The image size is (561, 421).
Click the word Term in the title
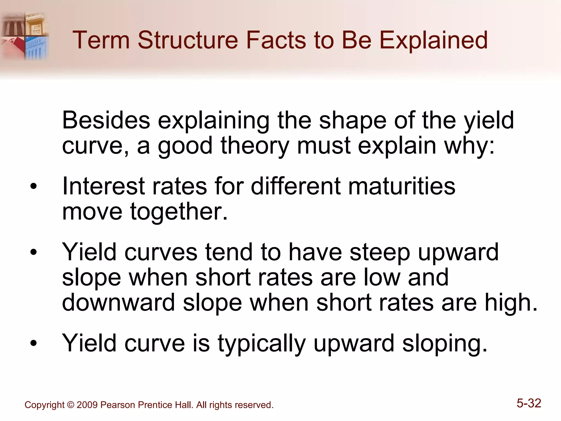pos(101,40)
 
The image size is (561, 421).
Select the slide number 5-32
pos(529,403)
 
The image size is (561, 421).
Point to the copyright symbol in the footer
pos(70,405)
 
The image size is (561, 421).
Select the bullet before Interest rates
pos(33,187)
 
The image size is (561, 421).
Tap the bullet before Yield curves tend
pos(33,252)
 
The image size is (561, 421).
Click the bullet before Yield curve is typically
pos(33,343)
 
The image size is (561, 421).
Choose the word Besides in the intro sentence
pos(106,120)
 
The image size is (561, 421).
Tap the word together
pos(179,212)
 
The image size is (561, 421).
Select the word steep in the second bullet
pos(380,252)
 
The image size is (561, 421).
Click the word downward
pos(118,303)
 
